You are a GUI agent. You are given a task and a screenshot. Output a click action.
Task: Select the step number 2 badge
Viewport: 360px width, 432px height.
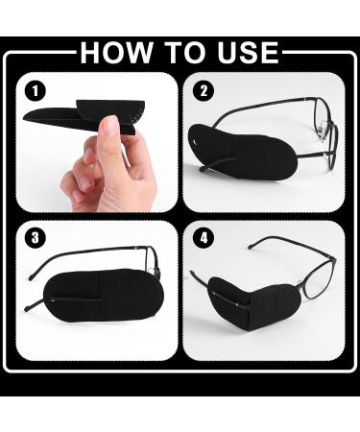[x=203, y=92]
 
